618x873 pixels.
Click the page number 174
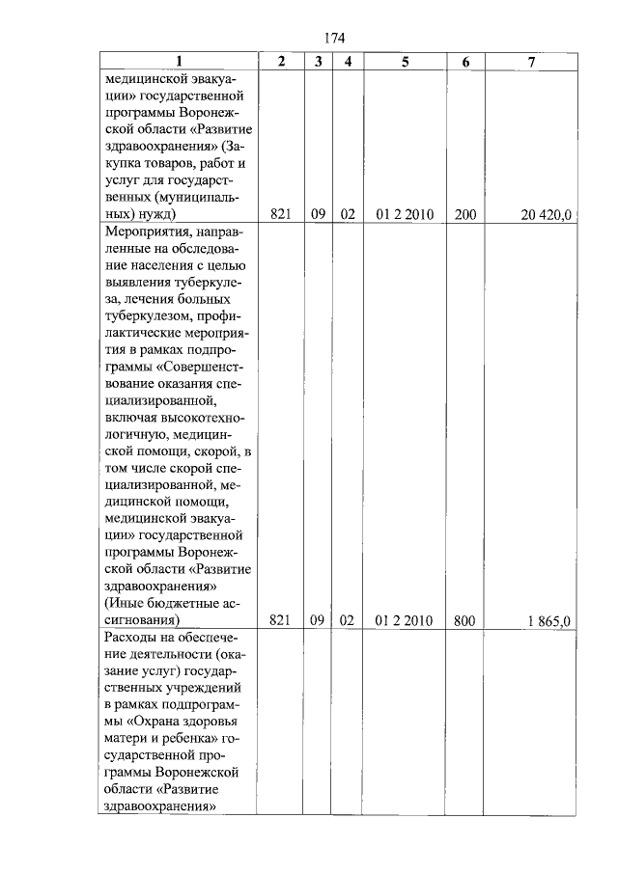[334, 38]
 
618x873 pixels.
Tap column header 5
[405, 62]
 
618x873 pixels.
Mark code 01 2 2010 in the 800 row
[405, 619]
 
